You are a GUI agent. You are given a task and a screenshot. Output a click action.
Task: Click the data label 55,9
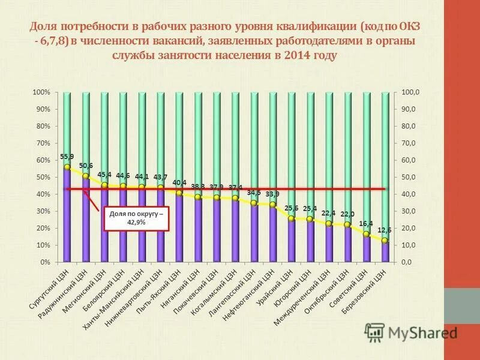pyautogui.click(x=67, y=157)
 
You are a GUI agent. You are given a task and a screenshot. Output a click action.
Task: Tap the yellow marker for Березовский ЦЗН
pyautogui.click(x=385, y=241)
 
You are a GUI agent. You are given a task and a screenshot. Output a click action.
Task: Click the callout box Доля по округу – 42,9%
pyautogui.click(x=136, y=217)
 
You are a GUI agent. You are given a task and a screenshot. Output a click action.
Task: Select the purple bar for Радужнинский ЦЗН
pyautogui.click(x=86, y=222)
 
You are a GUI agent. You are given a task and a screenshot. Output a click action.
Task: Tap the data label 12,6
pyautogui.click(x=384, y=230)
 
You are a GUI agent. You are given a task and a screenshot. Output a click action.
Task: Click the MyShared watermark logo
pyautogui.click(x=410, y=332)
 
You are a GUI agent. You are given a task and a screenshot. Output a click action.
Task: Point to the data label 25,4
pyautogui.click(x=310, y=208)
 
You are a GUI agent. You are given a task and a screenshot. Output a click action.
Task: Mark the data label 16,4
pyautogui.click(x=365, y=223)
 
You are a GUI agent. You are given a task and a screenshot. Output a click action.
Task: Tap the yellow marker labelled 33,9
pyautogui.click(x=272, y=205)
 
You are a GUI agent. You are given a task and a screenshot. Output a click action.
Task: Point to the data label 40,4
pyautogui.click(x=179, y=182)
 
